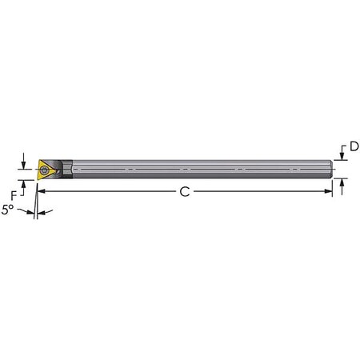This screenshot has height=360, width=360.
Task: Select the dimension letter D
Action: pos(354,146)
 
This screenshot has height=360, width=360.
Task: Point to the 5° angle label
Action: pos(9,210)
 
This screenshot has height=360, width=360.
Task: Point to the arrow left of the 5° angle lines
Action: pos(27,212)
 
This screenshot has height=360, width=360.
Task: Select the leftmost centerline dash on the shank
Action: pos(78,170)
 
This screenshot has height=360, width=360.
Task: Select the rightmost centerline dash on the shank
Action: pos(295,170)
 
